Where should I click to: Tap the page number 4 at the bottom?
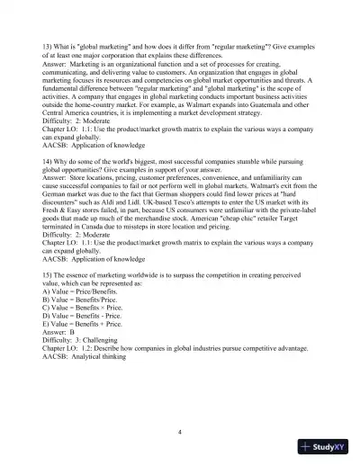pos(180,432)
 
